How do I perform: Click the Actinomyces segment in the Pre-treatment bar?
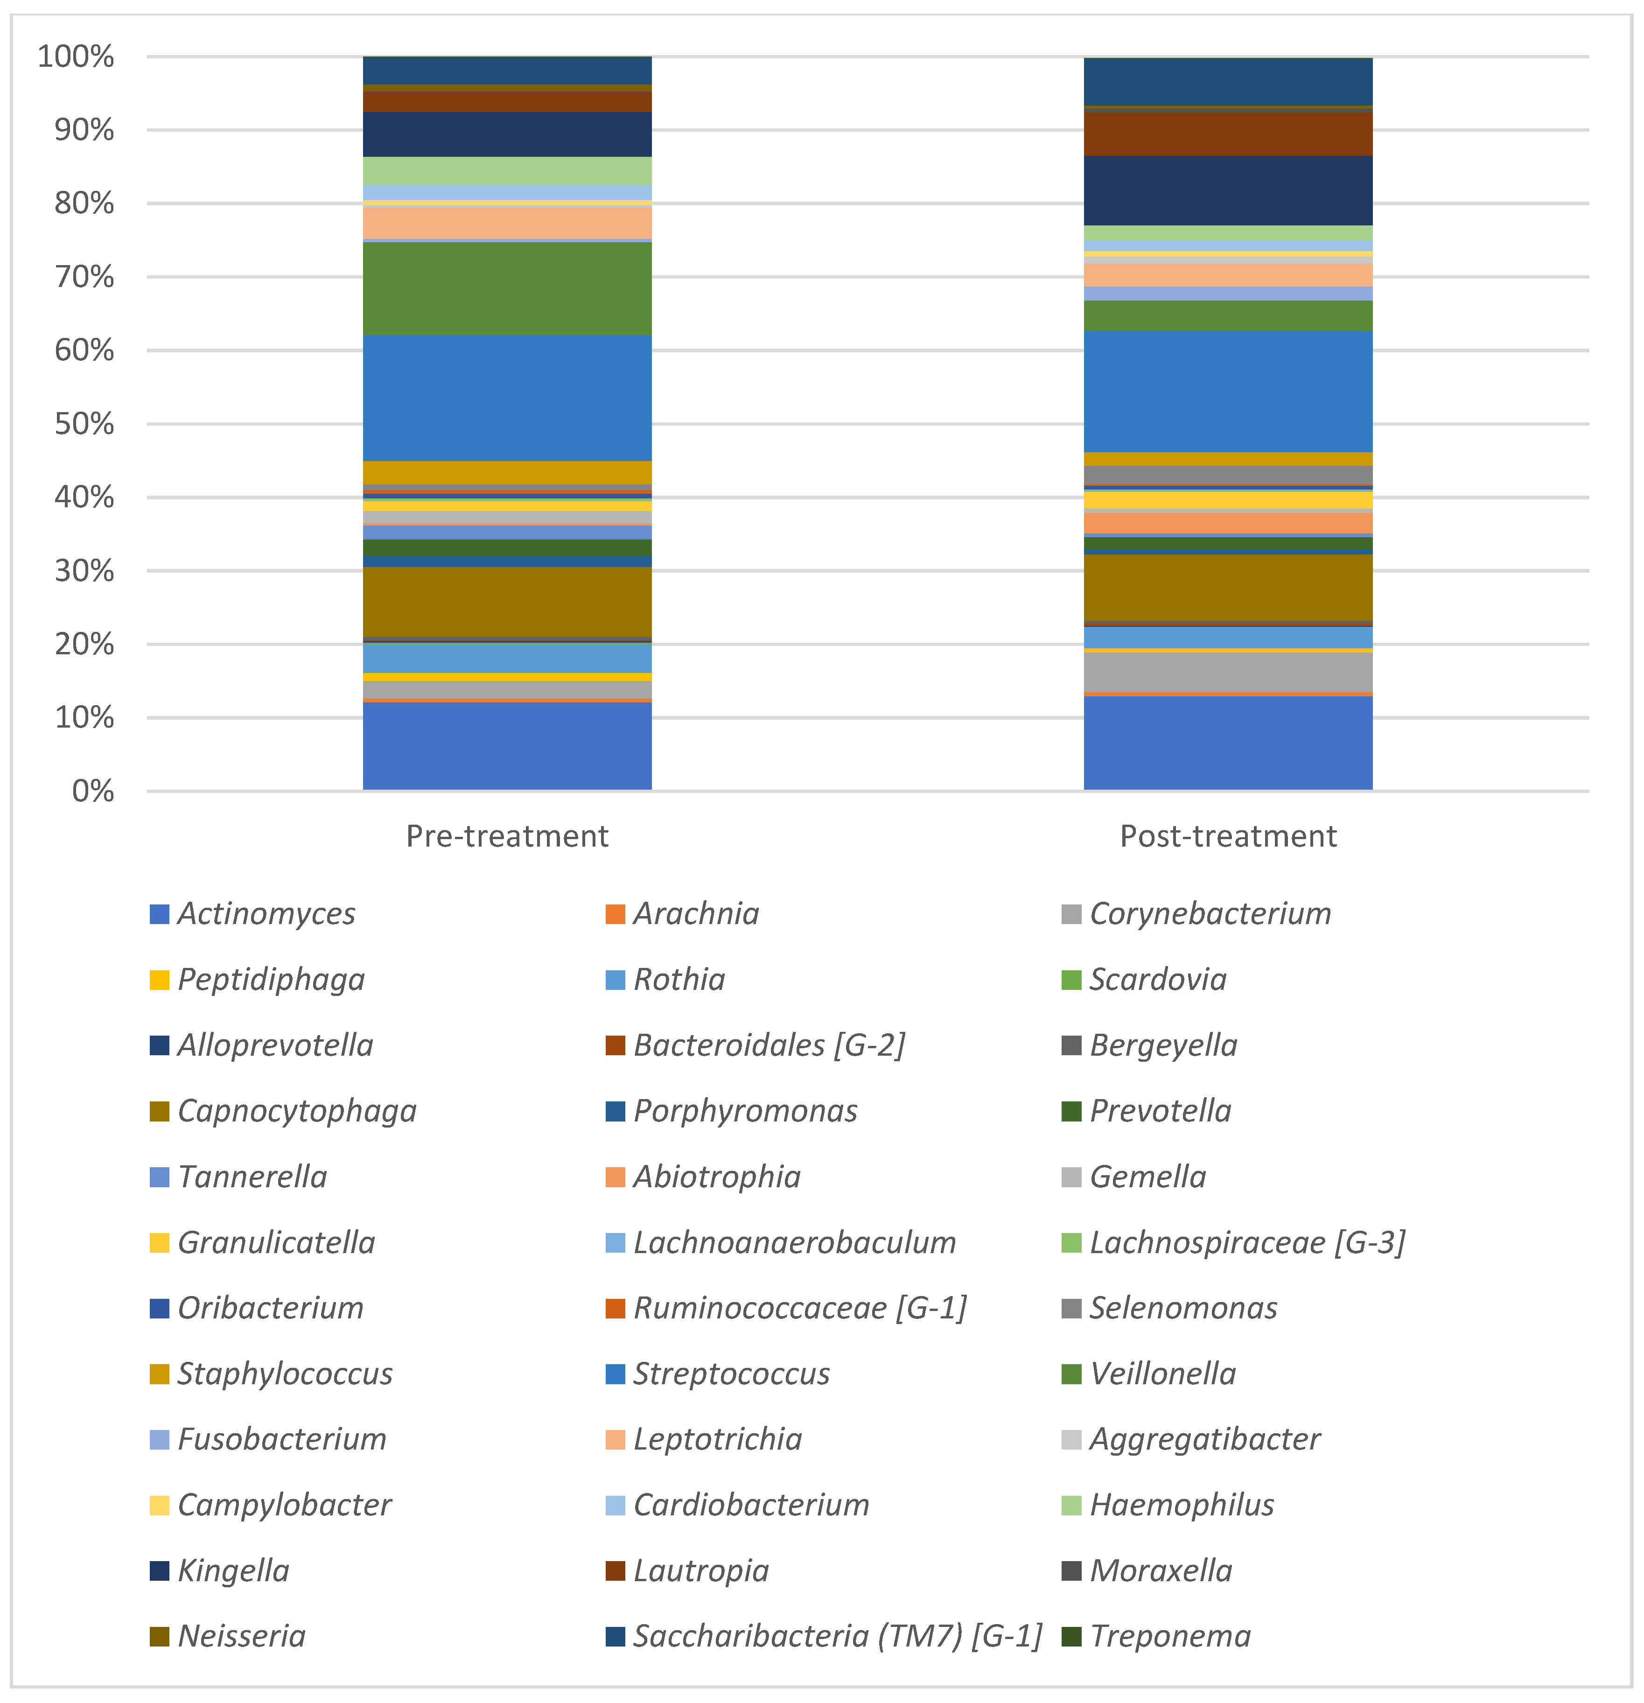point(507,745)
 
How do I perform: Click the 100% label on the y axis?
point(77,57)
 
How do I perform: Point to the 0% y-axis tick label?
point(93,791)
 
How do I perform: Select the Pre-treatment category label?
point(507,836)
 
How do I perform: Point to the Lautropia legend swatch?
point(615,1571)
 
